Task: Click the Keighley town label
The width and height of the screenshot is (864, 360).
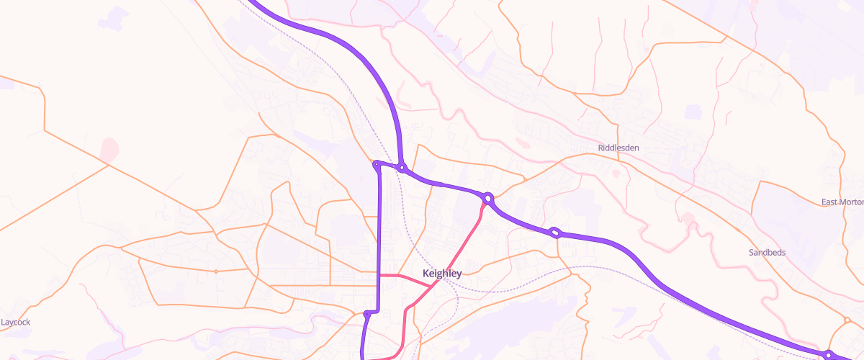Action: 441,274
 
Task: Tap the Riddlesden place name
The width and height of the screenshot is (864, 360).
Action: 618,148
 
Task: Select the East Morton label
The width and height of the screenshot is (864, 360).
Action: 842,202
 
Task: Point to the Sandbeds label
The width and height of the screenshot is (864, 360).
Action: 768,253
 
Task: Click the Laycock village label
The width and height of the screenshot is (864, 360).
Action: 16,322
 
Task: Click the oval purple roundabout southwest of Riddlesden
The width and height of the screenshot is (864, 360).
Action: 555,233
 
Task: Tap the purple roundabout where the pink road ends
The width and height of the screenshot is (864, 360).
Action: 488,198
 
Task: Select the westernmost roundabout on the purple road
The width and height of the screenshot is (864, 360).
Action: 376,165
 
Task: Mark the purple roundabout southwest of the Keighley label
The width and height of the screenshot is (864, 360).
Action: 368,314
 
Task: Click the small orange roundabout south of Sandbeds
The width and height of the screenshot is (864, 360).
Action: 847,320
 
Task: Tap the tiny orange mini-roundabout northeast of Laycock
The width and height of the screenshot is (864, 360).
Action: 216,271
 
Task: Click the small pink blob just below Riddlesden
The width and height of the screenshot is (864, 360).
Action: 616,173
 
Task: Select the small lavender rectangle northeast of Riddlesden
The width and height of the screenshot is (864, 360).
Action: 693,112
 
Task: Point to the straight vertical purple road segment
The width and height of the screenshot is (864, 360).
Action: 379,238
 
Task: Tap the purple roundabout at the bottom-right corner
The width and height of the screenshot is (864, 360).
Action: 829,354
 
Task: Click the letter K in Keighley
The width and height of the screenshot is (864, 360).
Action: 426,274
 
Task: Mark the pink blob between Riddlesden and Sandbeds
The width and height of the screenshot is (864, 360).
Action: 688,217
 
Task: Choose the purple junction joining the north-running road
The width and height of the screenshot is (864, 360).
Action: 402,169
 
